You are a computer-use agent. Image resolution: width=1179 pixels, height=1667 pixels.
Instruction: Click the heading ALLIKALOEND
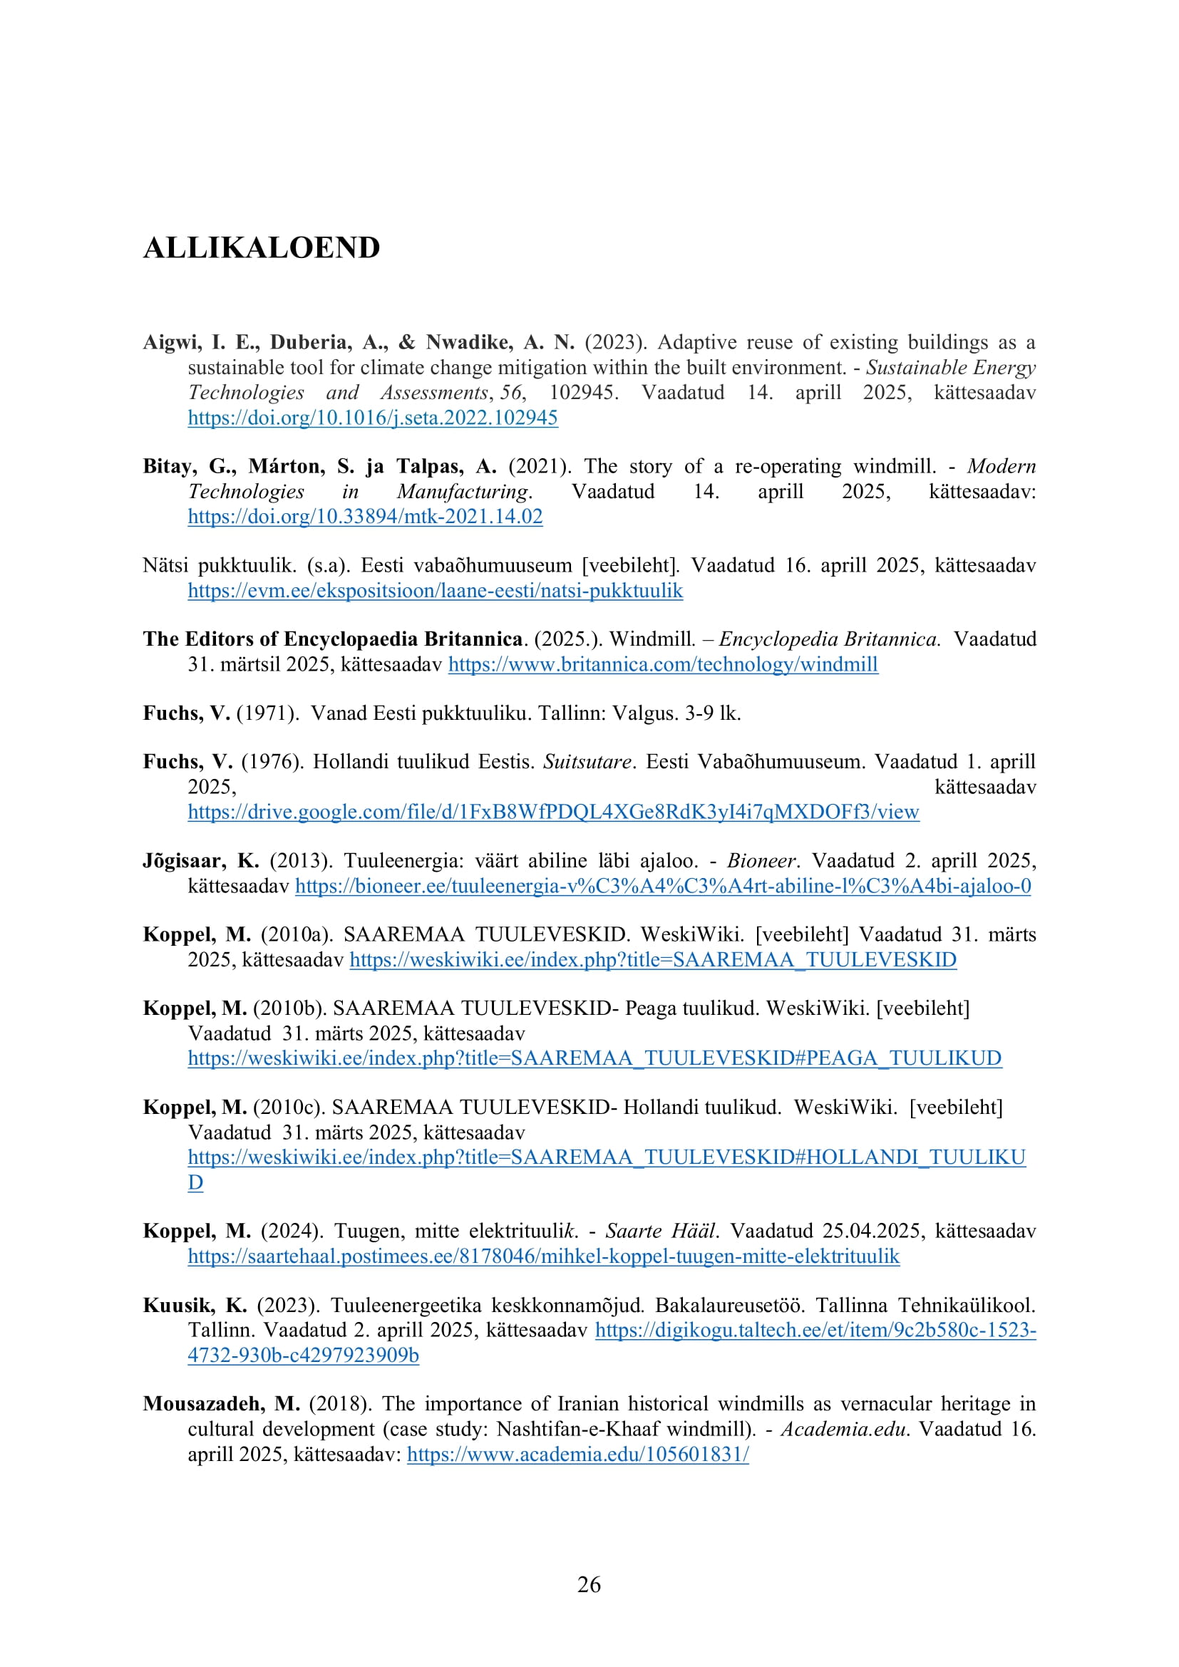point(262,247)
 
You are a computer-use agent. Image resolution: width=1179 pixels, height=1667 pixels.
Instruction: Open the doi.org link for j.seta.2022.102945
point(372,418)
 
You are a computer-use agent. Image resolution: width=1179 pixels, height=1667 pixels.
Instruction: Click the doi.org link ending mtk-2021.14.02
point(365,516)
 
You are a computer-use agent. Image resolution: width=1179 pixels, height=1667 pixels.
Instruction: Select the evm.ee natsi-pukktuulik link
point(435,590)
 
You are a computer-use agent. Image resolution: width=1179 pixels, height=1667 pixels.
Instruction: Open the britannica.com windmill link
point(663,664)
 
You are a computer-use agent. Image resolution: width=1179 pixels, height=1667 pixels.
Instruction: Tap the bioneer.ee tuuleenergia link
point(663,886)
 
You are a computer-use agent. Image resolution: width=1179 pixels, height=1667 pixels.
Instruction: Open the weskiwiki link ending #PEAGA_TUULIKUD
point(594,1058)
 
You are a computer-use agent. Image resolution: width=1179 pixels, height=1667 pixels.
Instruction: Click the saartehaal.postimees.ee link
point(544,1256)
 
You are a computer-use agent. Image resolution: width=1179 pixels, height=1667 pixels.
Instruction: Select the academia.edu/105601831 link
point(578,1455)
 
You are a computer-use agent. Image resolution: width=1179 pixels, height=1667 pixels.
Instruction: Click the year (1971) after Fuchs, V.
point(267,713)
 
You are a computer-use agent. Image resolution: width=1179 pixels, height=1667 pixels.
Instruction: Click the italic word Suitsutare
point(587,762)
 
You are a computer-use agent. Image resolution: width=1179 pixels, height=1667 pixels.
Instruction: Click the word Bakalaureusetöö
point(730,1305)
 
